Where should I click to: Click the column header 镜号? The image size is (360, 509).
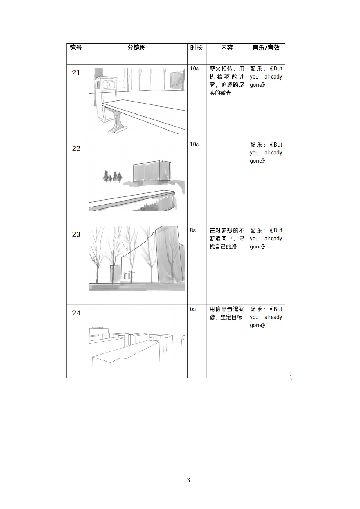(76, 48)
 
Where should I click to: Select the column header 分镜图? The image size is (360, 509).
(136, 48)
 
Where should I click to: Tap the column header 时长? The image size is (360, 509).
(197, 48)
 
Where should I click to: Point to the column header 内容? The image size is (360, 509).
(227, 48)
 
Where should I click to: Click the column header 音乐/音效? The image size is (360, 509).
(266, 48)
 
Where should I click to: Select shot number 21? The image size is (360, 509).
(76, 73)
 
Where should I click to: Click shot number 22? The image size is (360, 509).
(76, 149)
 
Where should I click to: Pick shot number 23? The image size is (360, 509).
(76, 234)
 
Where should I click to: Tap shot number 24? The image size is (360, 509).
(76, 313)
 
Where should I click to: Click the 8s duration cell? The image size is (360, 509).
(193, 230)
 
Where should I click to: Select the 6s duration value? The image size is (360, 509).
(193, 309)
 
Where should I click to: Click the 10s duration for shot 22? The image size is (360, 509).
(194, 145)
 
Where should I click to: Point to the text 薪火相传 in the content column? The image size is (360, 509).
(221, 69)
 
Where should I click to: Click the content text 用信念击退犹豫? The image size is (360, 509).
(227, 309)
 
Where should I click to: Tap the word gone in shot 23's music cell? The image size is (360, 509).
(256, 247)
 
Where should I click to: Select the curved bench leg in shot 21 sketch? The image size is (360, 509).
(119, 120)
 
